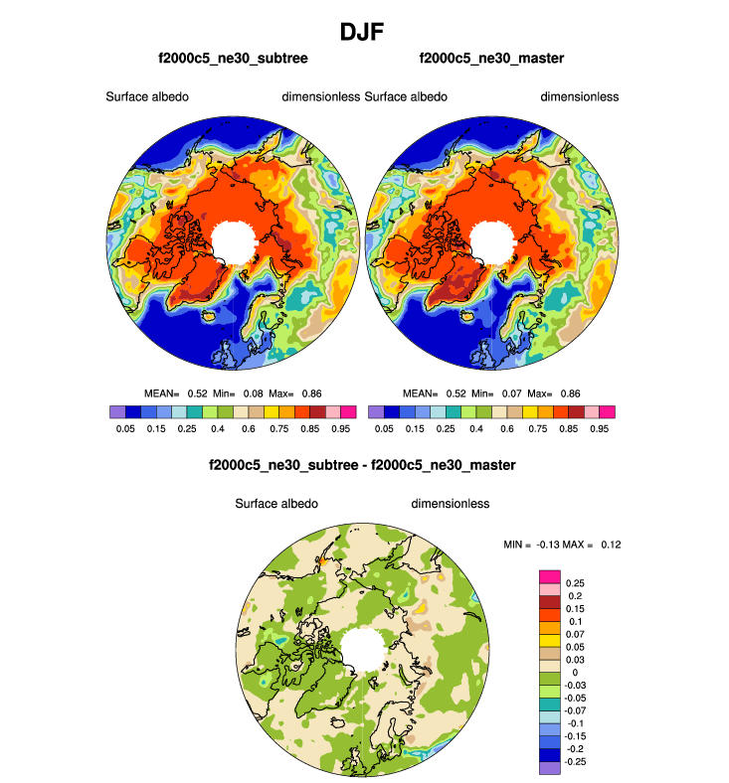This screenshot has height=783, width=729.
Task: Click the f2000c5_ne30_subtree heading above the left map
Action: coord(233,60)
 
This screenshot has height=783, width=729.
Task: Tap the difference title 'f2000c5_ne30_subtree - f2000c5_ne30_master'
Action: coord(362,465)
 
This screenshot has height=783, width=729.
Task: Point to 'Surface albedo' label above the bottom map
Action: coord(276,504)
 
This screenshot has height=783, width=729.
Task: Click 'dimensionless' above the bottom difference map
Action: coord(450,504)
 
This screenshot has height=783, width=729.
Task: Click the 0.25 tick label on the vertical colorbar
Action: coord(576,582)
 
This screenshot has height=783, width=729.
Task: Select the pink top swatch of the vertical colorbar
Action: coord(549,576)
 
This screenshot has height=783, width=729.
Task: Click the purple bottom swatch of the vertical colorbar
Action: coord(549,767)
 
